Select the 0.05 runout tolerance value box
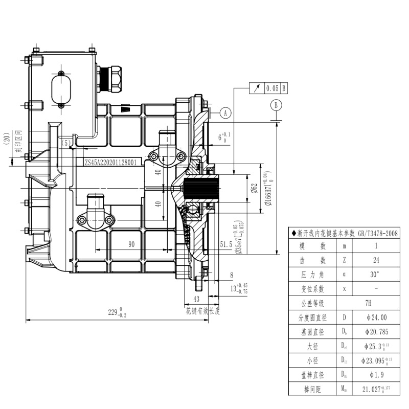[272, 88]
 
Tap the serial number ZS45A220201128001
[110, 162]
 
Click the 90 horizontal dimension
[131, 245]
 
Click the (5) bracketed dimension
[66, 144]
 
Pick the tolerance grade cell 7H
[368, 303]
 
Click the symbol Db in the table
[344, 331]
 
